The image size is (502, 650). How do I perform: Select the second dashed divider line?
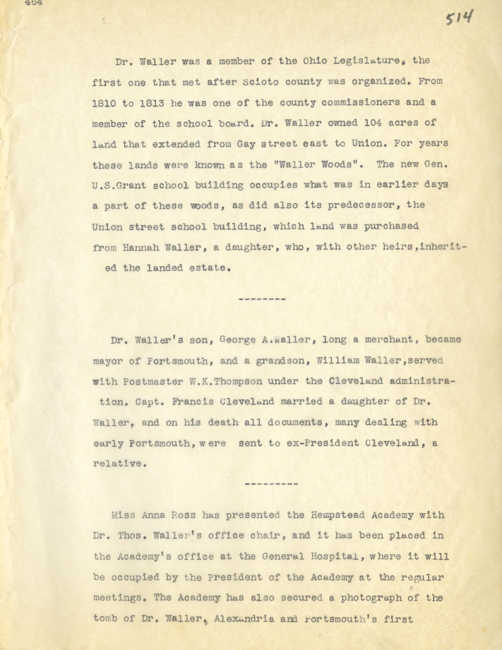(x=271, y=484)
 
